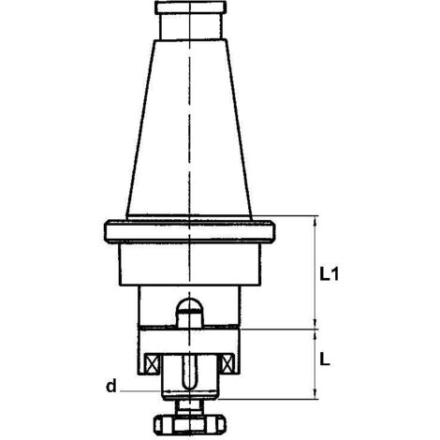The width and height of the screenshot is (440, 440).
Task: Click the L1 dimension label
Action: [329, 274]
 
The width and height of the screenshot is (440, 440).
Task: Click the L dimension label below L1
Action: [325, 361]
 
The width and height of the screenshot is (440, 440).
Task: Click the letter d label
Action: [111, 386]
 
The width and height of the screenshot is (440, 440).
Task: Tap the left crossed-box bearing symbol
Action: [152, 363]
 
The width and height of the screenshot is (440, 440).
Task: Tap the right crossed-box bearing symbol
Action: [227, 363]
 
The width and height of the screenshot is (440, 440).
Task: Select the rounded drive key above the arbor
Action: [189, 313]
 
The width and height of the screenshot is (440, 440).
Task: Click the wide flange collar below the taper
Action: [189, 231]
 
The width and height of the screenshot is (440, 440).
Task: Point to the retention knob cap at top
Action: [190, 7]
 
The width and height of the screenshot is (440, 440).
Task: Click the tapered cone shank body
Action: [189, 128]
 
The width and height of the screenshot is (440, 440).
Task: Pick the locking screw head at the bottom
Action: [190, 424]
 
